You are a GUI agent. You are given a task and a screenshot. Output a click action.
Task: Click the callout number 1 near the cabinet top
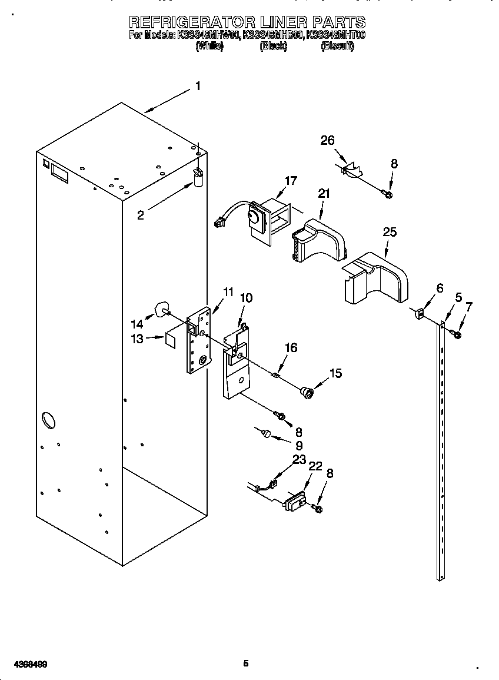(198, 86)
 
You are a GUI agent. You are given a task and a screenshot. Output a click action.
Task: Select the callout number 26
(327, 140)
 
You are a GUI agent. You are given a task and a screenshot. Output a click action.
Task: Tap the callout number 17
(291, 181)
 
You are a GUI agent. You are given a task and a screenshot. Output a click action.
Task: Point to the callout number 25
(390, 232)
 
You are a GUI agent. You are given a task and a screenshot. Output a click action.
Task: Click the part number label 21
(324, 193)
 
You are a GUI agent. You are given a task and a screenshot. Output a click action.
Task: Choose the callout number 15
(335, 373)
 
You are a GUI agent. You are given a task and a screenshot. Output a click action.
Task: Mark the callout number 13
(137, 339)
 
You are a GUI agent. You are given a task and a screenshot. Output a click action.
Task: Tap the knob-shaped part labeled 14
(160, 309)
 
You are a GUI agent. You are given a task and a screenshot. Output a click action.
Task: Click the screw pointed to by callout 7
(456, 334)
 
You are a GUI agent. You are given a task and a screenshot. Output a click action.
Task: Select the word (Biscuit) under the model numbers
(337, 46)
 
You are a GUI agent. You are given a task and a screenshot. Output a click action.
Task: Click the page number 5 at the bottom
(246, 664)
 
